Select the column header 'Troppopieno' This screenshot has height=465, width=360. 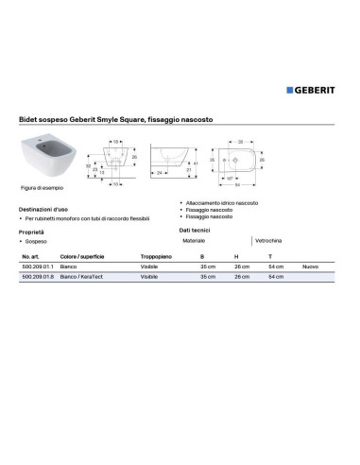coord(157,257)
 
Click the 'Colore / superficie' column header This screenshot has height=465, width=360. coord(81,257)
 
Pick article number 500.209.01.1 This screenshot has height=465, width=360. coord(37,267)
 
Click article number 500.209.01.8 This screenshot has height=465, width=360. coord(37,278)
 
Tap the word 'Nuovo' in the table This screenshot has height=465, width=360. coord(309,267)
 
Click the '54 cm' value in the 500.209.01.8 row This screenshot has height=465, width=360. coord(276,278)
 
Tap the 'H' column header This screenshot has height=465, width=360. coord(236,257)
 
